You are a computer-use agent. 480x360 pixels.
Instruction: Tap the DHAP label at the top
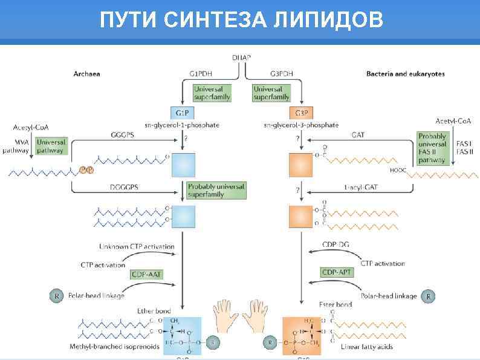tap(241, 57)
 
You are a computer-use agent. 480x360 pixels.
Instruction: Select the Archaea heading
tap(86, 74)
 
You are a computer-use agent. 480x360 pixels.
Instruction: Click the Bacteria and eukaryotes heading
tap(405, 74)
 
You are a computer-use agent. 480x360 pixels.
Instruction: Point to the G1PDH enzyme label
tap(201, 74)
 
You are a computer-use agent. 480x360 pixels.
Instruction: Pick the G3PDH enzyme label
tap(281, 74)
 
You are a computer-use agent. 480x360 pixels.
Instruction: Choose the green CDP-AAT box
tap(147, 274)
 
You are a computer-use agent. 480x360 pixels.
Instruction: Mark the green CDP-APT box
tap(337, 273)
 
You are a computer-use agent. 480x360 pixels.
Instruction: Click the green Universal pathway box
tap(51, 146)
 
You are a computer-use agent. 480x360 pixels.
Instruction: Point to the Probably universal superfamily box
tap(216, 190)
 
